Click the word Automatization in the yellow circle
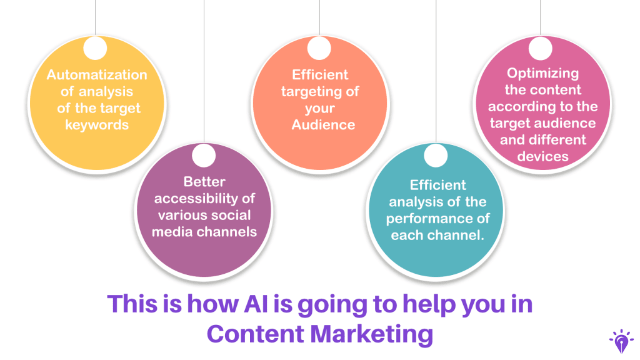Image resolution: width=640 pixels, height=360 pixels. (97, 75)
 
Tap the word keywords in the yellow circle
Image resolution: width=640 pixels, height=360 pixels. (97, 125)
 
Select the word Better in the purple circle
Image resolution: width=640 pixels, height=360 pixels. (204, 182)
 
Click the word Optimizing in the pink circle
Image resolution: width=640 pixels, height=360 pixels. (542, 73)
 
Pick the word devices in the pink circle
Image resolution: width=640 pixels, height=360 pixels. (542, 156)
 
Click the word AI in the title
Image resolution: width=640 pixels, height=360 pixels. (254, 304)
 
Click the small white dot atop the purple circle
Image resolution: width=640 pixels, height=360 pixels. (204, 154)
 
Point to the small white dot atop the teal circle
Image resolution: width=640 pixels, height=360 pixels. (436, 156)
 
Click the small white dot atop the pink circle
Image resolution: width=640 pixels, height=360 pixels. (541, 48)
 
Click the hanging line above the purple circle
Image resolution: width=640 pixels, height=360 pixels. (204, 75)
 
